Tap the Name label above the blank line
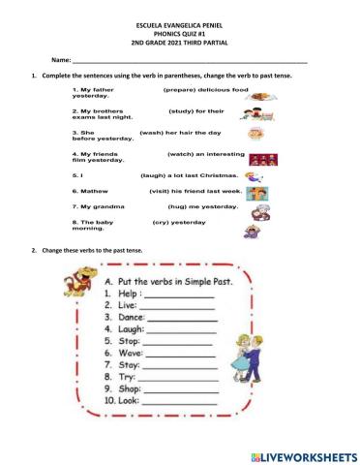click(x=61, y=60)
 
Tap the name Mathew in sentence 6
click(x=98, y=191)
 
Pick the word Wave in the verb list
click(x=130, y=355)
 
